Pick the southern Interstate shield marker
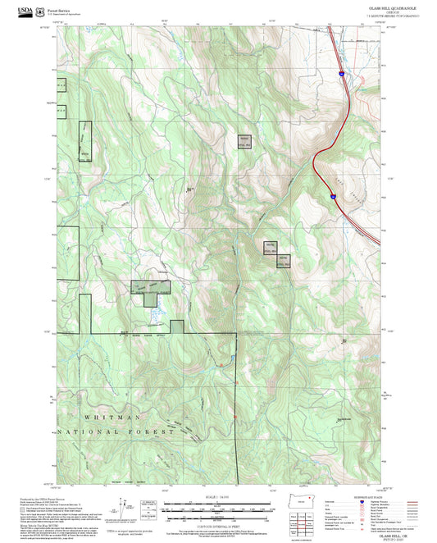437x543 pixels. pos(332,196)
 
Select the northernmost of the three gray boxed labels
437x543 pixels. pos(244,141)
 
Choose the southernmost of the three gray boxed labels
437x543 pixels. pos(282,262)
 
